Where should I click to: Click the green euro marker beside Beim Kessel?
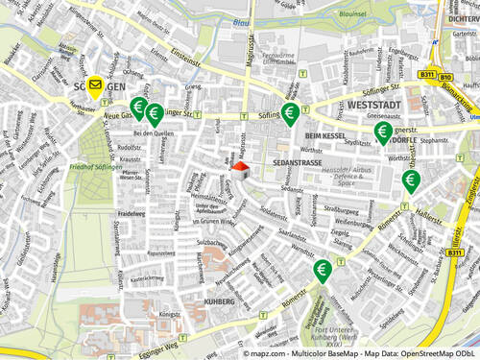pos(289,114)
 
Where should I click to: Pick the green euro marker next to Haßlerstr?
pos(411,180)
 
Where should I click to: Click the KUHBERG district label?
pos(219,301)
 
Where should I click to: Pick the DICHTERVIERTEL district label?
pos(464,17)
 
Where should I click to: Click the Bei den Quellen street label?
pos(154,133)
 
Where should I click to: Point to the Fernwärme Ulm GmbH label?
pos(278,59)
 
